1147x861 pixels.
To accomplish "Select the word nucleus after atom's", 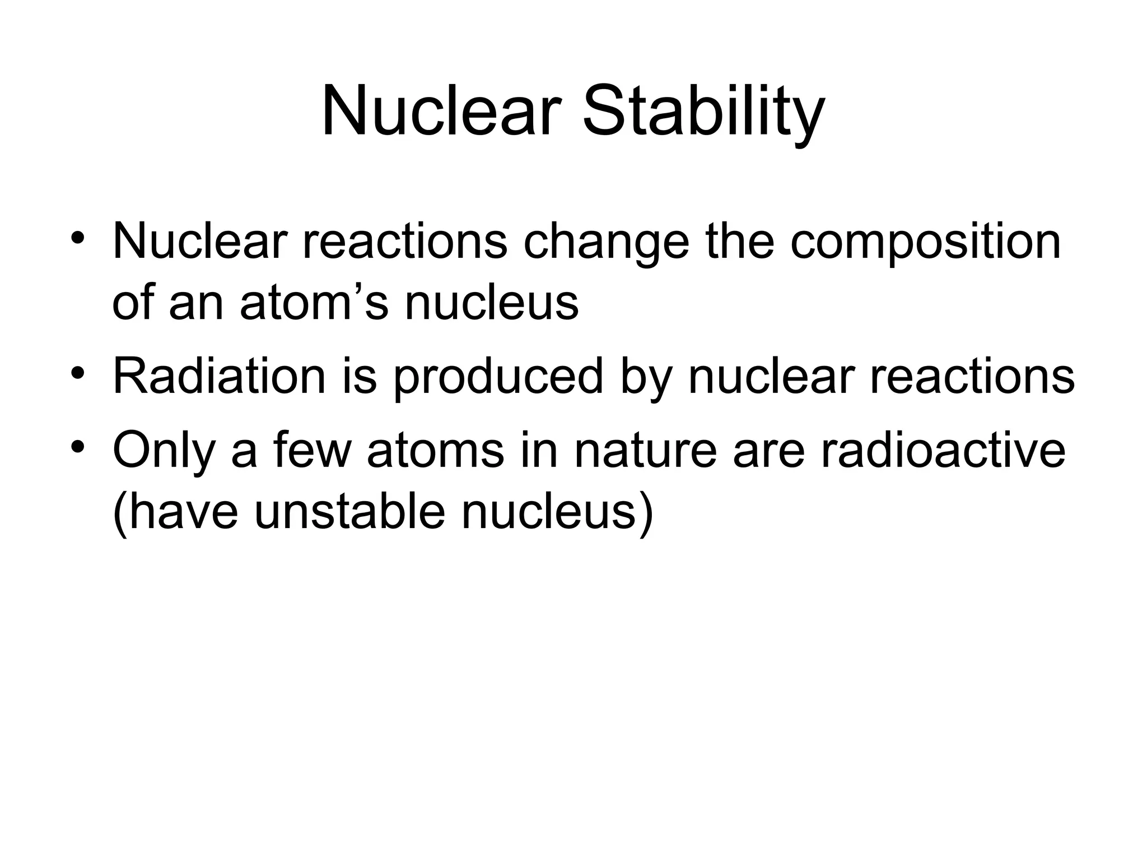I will [491, 304].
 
